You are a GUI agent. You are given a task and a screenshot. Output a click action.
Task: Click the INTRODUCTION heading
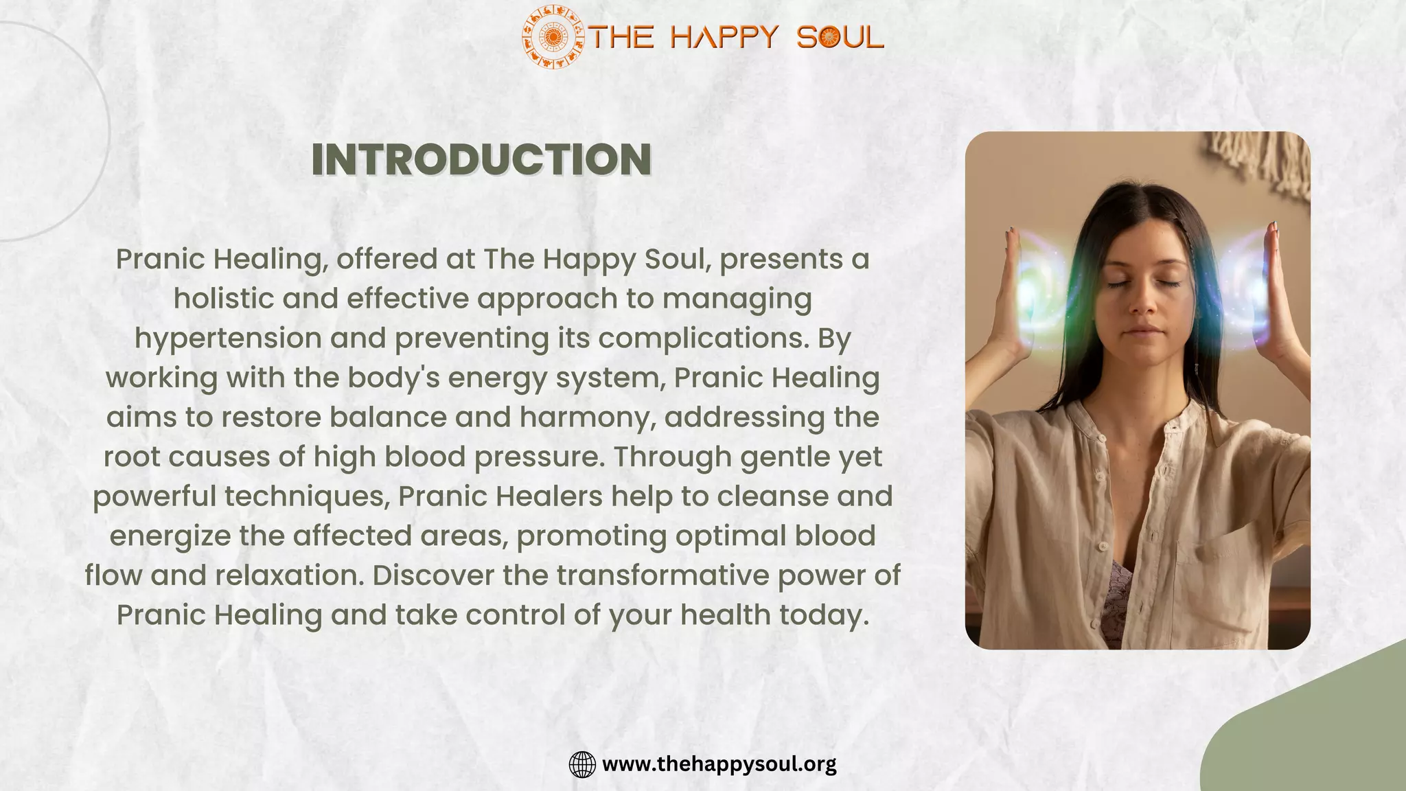pos(481,159)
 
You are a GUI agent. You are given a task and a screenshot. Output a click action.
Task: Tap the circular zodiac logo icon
pos(552,37)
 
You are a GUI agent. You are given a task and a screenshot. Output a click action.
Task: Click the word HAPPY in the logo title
pos(724,37)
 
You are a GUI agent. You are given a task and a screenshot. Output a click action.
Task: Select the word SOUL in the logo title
pos(840,37)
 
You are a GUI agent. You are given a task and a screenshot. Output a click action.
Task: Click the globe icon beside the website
pos(582,764)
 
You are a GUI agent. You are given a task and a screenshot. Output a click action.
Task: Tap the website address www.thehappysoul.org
pos(719,764)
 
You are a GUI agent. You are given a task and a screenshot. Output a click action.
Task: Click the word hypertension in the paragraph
pos(228,339)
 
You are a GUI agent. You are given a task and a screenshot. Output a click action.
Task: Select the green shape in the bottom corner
pos(1325,735)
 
